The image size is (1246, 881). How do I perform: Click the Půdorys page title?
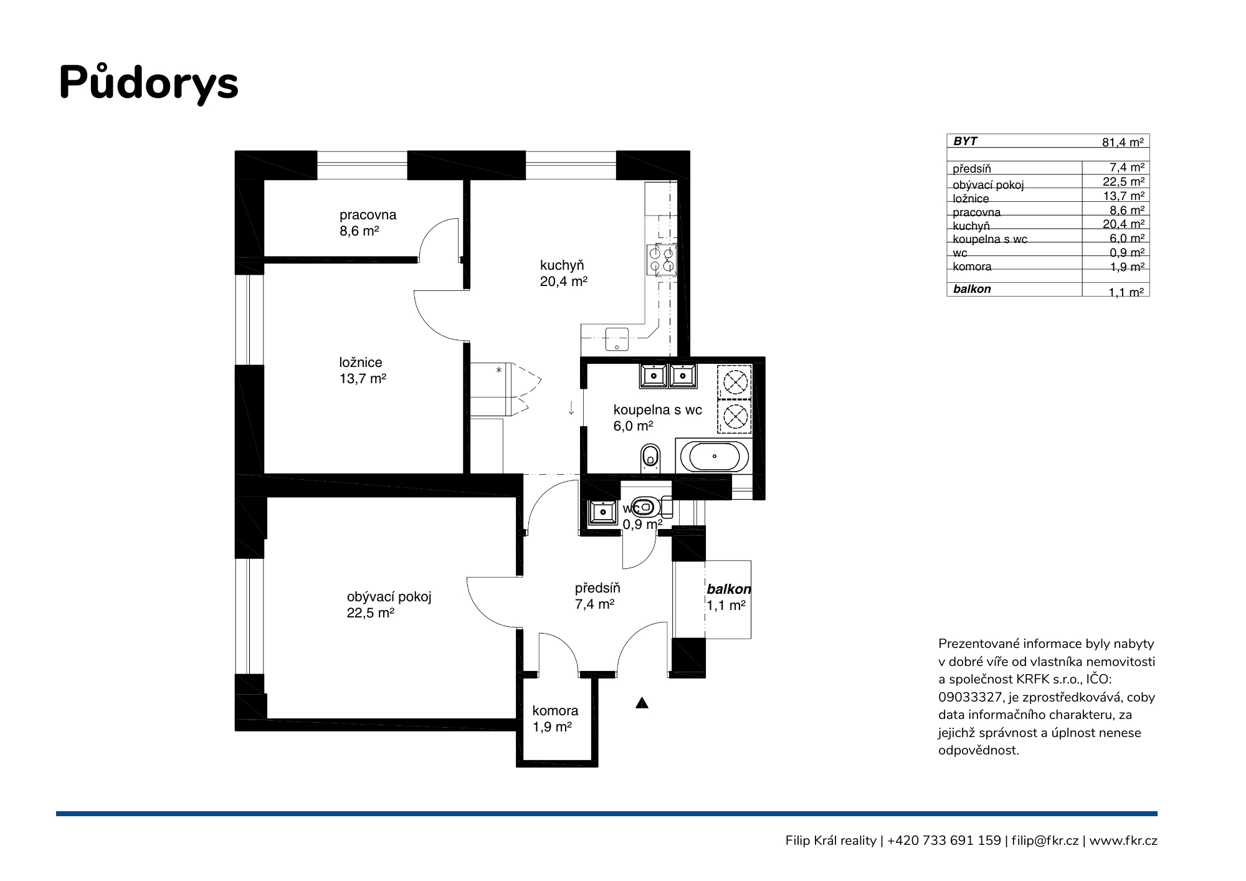tap(148, 83)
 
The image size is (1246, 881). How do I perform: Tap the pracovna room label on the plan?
tap(368, 215)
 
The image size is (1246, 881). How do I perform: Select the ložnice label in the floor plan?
tap(361, 363)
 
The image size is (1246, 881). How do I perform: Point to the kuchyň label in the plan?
tap(562, 266)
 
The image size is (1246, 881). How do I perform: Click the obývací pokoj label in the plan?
tap(389, 597)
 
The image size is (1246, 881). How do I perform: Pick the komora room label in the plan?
tap(555, 710)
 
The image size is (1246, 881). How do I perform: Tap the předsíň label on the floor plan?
tap(597, 588)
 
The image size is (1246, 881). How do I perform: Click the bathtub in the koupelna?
tap(714, 457)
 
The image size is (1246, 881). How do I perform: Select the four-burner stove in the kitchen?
tap(661, 260)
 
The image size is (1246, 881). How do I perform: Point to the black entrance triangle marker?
tap(642, 703)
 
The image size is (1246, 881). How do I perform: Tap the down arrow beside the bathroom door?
tap(571, 408)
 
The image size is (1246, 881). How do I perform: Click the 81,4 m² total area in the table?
tap(1123, 142)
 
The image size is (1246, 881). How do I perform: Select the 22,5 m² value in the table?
tap(1123, 182)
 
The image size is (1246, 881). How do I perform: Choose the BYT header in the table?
tap(965, 141)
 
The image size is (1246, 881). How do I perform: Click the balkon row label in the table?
tap(972, 289)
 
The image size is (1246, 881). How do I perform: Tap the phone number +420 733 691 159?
tap(944, 841)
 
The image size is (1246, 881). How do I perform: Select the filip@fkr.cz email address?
tap(1045, 841)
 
